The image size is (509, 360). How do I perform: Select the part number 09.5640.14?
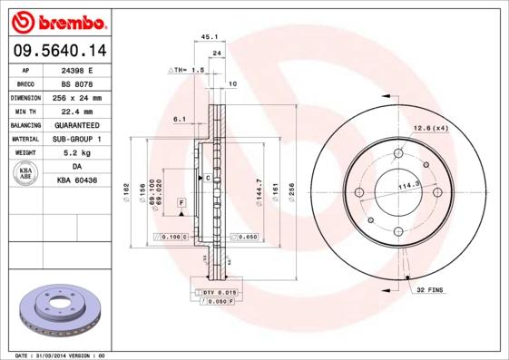coord(55,50)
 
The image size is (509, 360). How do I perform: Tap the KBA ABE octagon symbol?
coord(26,173)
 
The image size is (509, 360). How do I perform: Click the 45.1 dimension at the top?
coord(210,37)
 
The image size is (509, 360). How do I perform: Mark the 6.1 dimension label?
coord(180,119)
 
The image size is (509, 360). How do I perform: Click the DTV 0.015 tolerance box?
coord(219,292)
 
